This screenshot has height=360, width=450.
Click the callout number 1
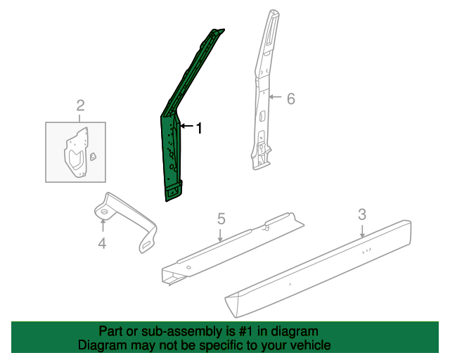pyautogui.click(x=199, y=128)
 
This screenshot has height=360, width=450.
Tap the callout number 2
pyautogui.click(x=80, y=105)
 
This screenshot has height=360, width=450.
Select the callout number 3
pyautogui.click(x=362, y=214)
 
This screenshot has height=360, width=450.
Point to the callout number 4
pyautogui.click(x=102, y=244)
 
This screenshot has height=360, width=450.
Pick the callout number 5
pyautogui.click(x=221, y=219)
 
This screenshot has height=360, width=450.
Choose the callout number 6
pyautogui.click(x=291, y=98)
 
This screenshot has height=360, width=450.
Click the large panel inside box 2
pyautogui.click(x=76, y=152)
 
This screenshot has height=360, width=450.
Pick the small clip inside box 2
pyautogui.click(x=93, y=157)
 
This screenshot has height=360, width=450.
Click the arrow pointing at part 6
pyautogui.click(x=275, y=97)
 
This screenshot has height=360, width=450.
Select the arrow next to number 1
pyautogui.click(x=186, y=126)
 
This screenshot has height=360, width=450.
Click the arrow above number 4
pyautogui.click(x=103, y=225)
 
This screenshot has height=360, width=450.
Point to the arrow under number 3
pyautogui.click(x=362, y=231)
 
